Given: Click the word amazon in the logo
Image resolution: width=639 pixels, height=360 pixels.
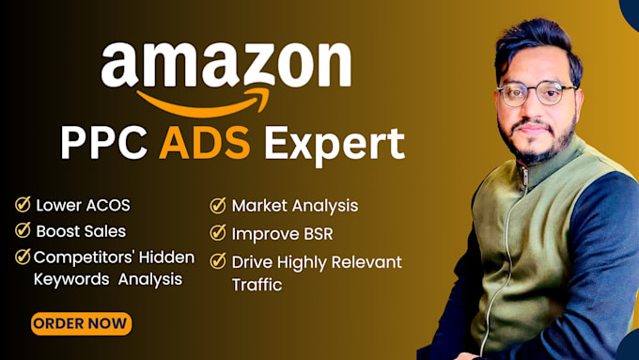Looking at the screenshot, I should click(x=226, y=65).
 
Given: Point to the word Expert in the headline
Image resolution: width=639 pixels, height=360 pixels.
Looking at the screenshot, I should click(x=334, y=145).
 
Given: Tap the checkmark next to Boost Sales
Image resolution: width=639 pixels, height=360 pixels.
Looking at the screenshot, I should click(x=22, y=231).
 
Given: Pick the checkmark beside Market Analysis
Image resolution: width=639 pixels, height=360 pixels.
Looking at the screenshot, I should click(x=218, y=206).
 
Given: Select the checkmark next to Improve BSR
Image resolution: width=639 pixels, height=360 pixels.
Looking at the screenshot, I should click(x=218, y=232).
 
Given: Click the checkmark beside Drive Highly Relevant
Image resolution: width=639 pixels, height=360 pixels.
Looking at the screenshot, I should click(x=218, y=260).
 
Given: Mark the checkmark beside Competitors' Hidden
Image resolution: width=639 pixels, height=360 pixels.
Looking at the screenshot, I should click(x=22, y=258).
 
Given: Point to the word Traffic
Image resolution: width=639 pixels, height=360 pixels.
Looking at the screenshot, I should click(x=257, y=284).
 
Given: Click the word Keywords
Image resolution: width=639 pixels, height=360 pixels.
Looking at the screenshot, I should click(x=72, y=279).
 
